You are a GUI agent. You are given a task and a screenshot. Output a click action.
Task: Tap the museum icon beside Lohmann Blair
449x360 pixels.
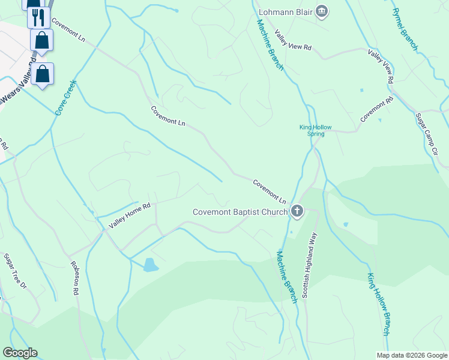[322, 11]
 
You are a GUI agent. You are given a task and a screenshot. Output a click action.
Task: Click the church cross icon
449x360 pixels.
[297, 211]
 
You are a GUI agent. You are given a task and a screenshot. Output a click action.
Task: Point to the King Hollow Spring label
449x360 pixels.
[316, 130]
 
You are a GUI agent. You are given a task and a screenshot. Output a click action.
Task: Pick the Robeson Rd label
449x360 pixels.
[75, 278]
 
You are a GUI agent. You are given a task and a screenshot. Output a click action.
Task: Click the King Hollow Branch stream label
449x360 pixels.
[379, 304]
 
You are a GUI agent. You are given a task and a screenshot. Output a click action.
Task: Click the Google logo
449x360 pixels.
[20, 353]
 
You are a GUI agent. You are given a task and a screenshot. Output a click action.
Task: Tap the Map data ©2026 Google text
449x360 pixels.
[412, 355]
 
